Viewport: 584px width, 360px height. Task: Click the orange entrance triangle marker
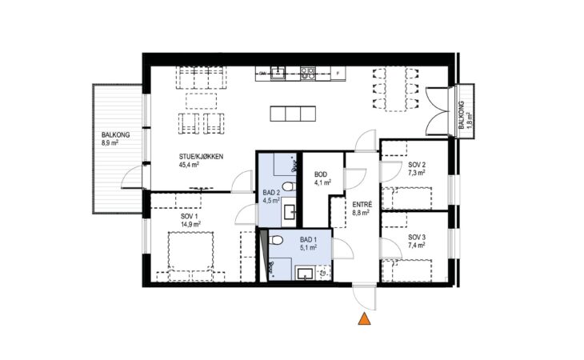[364, 319]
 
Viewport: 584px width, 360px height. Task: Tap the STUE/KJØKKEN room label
[201, 157]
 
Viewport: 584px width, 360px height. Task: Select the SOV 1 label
[190, 216]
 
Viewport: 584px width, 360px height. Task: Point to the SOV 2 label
[417, 165]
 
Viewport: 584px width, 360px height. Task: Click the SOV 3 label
[417, 237]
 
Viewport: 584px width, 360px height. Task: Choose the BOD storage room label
[321, 174]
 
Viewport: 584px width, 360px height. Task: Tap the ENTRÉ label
[362, 205]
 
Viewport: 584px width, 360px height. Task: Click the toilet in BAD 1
[276, 240]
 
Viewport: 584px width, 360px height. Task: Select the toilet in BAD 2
[289, 186]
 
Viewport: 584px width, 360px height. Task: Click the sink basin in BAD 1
[306, 273]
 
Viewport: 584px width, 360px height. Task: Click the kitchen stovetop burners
[308, 73]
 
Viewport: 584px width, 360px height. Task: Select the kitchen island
[293, 114]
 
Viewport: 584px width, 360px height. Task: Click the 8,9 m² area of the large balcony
[110, 142]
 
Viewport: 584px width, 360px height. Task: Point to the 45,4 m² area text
[189, 165]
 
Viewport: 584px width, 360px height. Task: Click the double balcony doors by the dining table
[438, 111]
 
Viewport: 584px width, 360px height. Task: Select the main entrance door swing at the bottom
[364, 298]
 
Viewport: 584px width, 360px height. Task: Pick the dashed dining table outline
[395, 89]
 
